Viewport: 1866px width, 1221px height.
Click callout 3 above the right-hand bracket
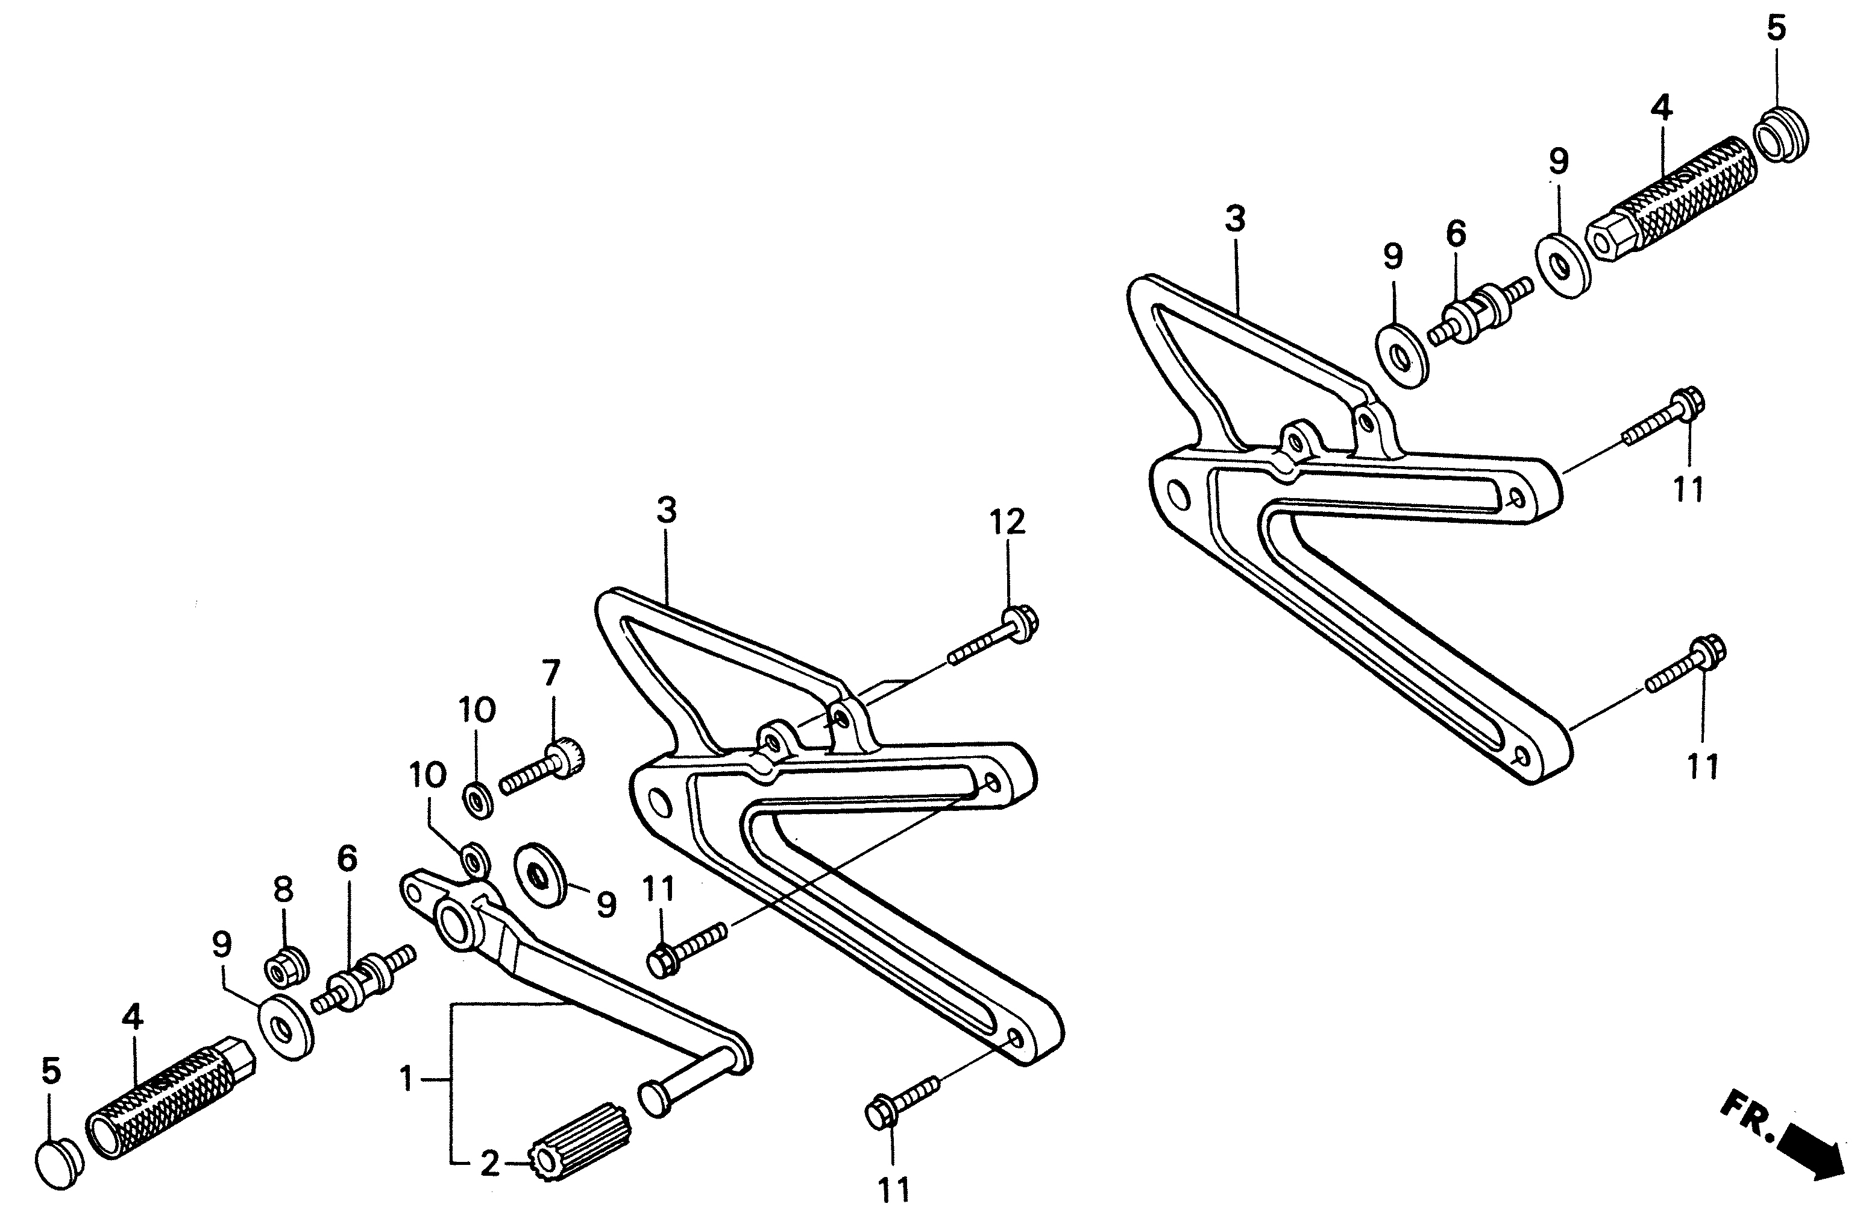click(1235, 219)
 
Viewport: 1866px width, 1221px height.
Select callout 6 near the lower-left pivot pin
click(347, 859)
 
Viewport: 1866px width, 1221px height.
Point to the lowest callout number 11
click(893, 1190)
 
